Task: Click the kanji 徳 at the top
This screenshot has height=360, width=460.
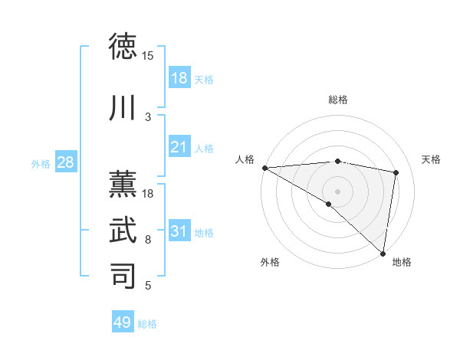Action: point(123,47)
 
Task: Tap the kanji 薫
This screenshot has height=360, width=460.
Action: point(123,183)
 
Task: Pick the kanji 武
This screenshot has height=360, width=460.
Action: point(123,230)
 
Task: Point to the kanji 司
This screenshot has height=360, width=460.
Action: point(123,276)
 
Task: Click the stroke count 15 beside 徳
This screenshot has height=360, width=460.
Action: point(148,56)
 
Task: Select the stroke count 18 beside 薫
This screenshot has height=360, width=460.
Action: point(148,194)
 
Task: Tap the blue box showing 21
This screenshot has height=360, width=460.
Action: point(179,147)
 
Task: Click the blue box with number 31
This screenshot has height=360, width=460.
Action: point(179,231)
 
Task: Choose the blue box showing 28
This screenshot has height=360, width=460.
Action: point(64,162)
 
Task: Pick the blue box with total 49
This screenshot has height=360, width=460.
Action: point(123,322)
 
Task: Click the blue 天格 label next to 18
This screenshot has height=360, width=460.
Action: point(204,79)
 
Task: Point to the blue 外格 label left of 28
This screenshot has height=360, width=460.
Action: point(41,164)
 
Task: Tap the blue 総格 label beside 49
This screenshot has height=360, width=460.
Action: point(147,324)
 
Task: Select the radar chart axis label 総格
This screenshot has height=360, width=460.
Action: point(337,100)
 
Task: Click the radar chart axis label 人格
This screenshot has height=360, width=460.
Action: point(245,159)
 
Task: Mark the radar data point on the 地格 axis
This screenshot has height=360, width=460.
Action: point(383,252)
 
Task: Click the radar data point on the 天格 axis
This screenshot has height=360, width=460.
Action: point(396,172)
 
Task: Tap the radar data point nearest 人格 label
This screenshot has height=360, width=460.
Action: point(264,168)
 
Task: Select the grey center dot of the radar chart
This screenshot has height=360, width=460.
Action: point(337,191)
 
